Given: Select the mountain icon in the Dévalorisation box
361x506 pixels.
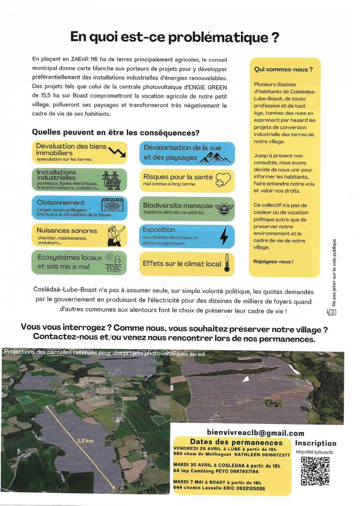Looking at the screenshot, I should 214,158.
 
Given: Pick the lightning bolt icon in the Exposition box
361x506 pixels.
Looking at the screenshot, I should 224,236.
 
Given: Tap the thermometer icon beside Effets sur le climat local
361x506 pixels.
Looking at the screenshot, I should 227,263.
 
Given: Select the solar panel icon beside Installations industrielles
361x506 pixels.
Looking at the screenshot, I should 114,180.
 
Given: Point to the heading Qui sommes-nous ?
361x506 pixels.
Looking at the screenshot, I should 283,69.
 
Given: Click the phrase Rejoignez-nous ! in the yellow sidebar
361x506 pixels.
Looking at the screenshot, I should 273,262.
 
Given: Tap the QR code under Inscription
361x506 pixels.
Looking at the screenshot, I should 315,471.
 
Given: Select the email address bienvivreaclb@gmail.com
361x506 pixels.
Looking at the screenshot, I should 256,433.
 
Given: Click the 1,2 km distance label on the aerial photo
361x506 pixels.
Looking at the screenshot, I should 85,441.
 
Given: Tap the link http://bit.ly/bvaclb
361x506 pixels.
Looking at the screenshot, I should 314,452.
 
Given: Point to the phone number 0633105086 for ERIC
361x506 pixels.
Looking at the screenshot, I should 262,489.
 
